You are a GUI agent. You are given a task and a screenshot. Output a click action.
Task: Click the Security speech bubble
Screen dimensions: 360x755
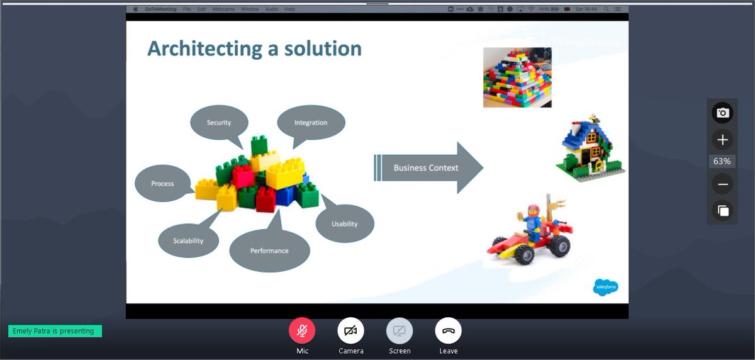point(219,123)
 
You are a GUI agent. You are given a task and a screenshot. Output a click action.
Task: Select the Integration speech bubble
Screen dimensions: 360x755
point(311,122)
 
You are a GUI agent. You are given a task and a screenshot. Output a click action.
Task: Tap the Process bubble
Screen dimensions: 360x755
point(162,183)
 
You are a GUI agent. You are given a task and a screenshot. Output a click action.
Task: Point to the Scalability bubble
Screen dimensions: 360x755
point(188,240)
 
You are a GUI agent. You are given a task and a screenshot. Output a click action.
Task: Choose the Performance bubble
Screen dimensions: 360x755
point(269,250)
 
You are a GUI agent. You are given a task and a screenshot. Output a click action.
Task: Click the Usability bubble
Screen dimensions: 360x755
point(345,223)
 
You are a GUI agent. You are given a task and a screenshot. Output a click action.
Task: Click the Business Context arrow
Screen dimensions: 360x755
point(428,168)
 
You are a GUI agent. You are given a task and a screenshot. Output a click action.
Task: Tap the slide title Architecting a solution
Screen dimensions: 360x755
point(254,48)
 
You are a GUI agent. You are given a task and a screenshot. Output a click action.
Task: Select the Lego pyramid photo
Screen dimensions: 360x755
point(517,77)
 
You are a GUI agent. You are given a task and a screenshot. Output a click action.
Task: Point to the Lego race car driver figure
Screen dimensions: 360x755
point(533,220)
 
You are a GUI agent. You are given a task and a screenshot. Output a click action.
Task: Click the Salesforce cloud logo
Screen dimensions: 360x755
point(605,287)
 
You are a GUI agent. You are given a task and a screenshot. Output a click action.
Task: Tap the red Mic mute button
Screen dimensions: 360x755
point(302,330)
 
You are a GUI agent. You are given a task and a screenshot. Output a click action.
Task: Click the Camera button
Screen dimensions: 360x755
point(350,330)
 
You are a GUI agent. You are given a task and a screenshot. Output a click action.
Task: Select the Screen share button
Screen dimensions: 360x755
point(400,330)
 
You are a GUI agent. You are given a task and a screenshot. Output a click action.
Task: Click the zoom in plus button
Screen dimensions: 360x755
point(722,140)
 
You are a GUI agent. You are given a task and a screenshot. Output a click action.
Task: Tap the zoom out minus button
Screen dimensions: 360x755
point(722,184)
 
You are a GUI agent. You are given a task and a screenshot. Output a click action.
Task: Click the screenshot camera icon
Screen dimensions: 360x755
point(722,113)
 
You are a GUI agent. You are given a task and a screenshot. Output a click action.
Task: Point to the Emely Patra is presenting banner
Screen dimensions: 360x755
point(55,331)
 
